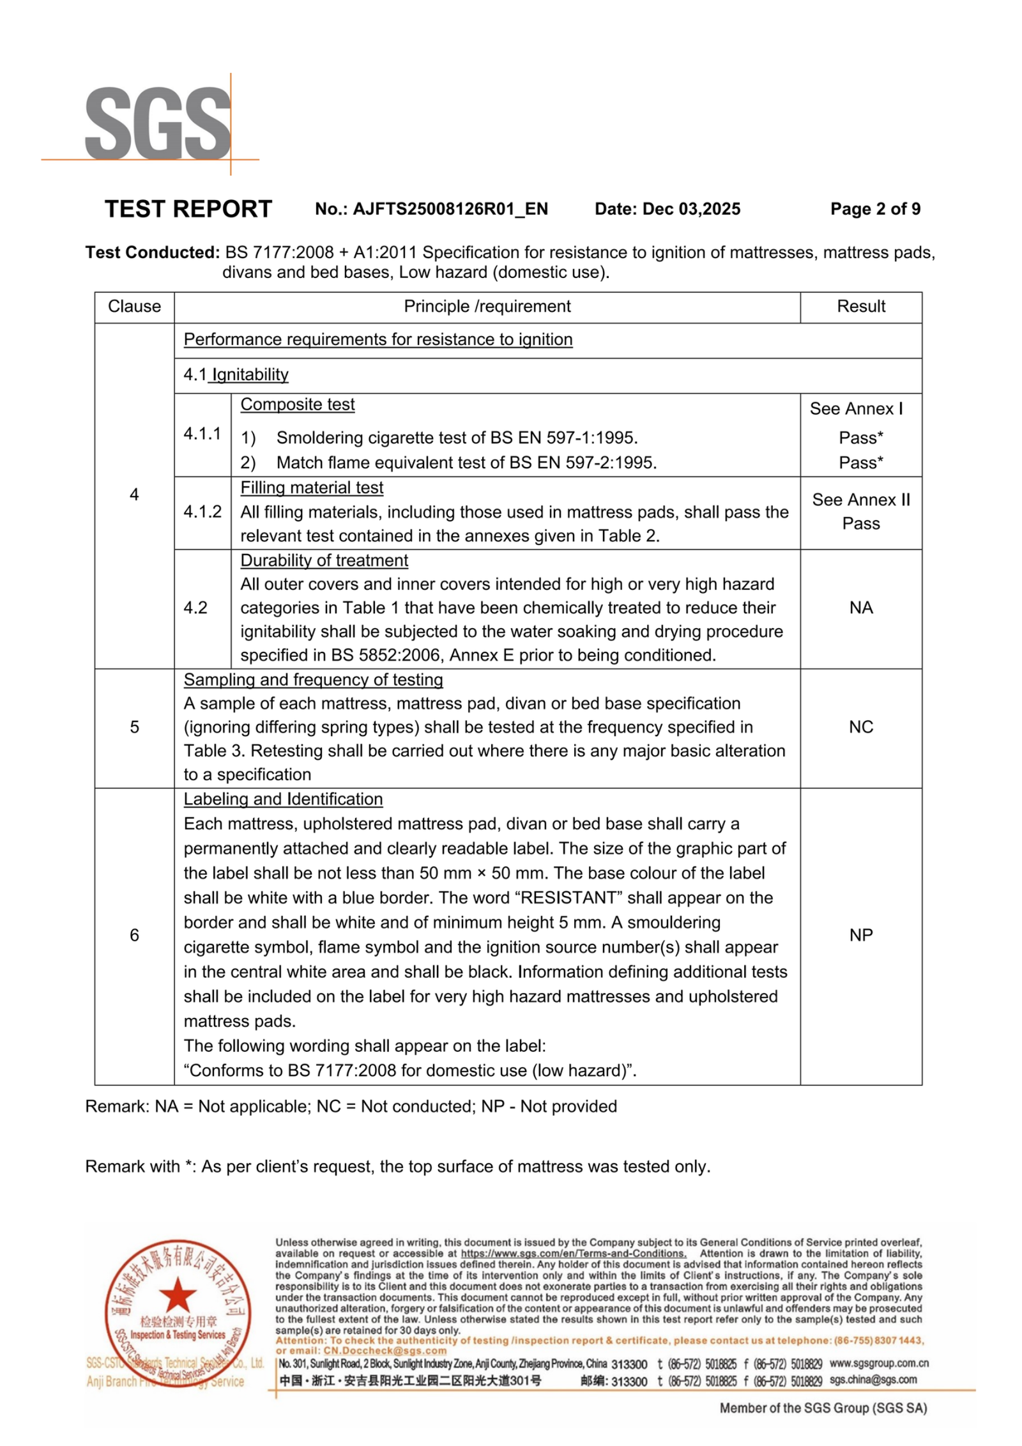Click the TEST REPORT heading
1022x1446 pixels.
click(x=188, y=209)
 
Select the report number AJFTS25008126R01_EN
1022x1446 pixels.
click(x=450, y=209)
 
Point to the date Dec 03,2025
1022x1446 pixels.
click(x=691, y=209)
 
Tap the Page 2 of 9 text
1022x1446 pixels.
click(x=874, y=209)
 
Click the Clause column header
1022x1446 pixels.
click(x=134, y=307)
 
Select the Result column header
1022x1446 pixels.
click(x=860, y=307)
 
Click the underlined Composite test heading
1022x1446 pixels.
click(x=297, y=404)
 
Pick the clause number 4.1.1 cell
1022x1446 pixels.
click(x=202, y=434)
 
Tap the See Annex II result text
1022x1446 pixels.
click(x=860, y=500)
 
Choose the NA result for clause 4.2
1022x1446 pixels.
click(x=860, y=608)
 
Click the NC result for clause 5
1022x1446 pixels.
click(x=860, y=727)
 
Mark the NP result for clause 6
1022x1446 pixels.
click(x=860, y=935)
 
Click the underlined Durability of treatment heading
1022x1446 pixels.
click(x=324, y=560)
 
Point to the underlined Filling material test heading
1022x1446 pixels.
click(x=312, y=488)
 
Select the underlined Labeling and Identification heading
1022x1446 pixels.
click(x=283, y=799)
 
